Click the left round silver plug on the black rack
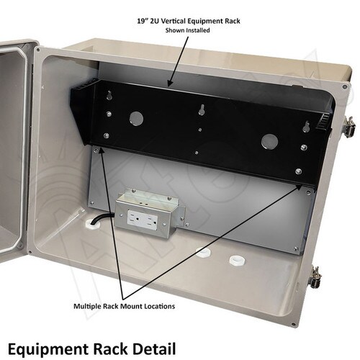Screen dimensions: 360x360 (136, 118)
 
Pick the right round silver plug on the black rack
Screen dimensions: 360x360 (270, 141)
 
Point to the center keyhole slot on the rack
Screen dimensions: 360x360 (202, 109)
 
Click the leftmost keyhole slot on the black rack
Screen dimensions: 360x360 (109, 95)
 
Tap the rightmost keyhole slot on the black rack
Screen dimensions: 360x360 (306, 127)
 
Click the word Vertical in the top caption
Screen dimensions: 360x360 (174, 21)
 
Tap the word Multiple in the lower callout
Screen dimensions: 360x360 (87, 306)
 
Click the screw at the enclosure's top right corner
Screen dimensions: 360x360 (345, 86)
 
